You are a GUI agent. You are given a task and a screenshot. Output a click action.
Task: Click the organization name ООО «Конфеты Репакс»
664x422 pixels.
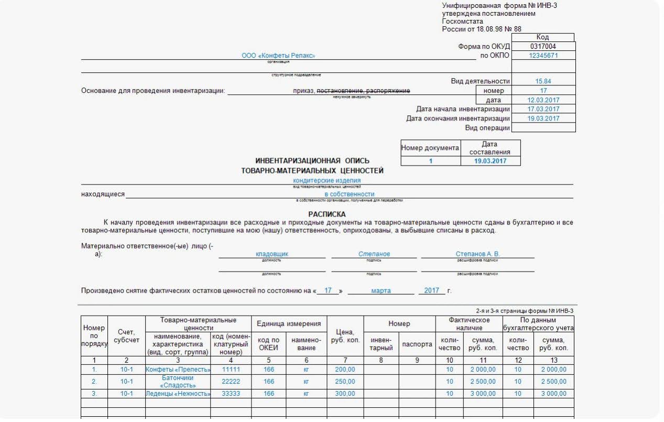278,56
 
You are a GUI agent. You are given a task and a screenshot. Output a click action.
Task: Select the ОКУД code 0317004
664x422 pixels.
543,47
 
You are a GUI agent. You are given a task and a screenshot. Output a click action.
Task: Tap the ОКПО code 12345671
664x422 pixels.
543,56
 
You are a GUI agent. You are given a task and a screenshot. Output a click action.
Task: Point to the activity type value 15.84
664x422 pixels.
543,81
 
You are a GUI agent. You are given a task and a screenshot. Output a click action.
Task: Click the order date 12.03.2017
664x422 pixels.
543,100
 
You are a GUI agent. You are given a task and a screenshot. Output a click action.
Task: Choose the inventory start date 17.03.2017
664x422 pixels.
543,109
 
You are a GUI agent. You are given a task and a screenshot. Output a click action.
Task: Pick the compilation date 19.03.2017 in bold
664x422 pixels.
490,161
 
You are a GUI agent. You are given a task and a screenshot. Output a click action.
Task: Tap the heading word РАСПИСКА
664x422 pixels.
327,214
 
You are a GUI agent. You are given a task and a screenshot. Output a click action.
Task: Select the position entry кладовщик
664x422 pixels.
271,254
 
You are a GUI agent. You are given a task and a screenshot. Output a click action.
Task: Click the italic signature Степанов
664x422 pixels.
374,254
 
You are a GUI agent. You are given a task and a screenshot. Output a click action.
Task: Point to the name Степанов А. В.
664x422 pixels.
477,254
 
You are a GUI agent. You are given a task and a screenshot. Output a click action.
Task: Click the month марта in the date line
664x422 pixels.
380,290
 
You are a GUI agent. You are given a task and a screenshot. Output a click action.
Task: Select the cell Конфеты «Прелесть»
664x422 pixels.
178,370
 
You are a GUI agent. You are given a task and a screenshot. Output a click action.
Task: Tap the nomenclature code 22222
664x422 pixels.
231,382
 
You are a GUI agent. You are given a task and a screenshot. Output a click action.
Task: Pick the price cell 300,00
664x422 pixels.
345,394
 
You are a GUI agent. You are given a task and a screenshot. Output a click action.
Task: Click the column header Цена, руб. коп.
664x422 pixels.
345,336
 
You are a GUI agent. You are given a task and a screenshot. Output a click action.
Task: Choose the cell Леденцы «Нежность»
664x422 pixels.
178,394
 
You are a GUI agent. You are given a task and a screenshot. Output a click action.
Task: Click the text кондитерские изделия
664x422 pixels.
326,181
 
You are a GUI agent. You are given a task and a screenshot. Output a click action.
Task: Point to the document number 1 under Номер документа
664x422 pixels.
431,161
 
